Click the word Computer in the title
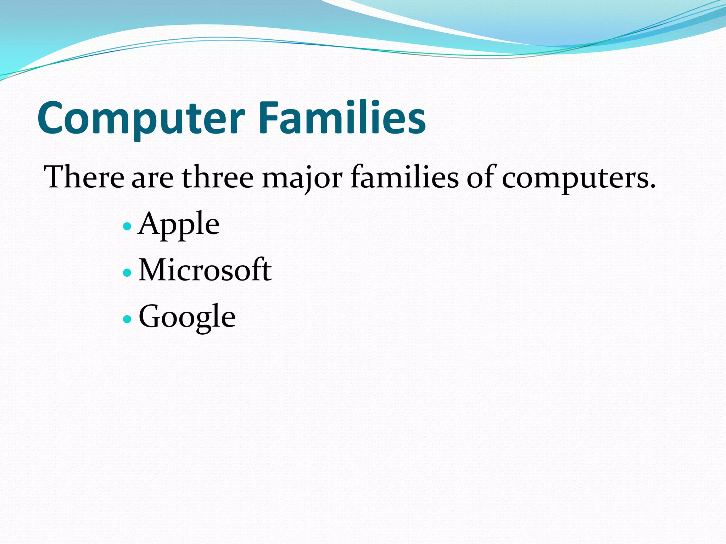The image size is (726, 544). click(141, 118)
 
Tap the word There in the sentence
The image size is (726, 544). click(84, 177)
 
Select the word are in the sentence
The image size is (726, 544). click(152, 179)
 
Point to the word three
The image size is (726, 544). click(218, 177)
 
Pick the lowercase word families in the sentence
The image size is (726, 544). click(404, 177)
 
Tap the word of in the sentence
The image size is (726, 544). click(480, 177)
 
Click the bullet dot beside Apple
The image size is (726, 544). click(127, 226)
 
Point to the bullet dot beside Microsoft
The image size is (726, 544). click(127, 273)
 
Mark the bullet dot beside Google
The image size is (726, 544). click(127, 319)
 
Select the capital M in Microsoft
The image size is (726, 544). click(155, 270)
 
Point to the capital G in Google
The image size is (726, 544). click(151, 316)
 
